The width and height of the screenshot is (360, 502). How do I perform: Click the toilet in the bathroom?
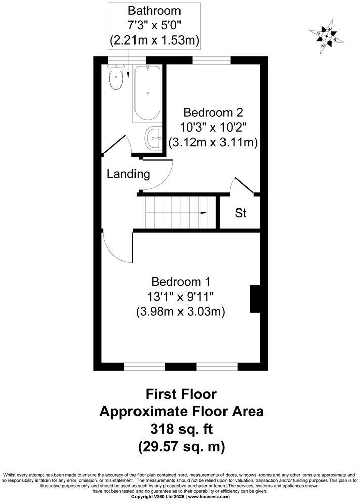[x=117, y=77]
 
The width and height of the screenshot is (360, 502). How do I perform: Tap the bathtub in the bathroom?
[x=147, y=93]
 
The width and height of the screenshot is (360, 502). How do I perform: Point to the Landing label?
[x=128, y=174]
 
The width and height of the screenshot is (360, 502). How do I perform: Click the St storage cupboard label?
[x=240, y=213]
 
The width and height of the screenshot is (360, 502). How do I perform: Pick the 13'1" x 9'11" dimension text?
[x=181, y=296]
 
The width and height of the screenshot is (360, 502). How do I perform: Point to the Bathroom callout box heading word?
[x=154, y=10]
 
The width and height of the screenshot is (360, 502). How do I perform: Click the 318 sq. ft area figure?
[x=181, y=429]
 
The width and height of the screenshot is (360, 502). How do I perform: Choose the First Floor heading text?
[x=181, y=394]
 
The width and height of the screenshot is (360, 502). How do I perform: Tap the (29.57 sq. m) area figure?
[x=181, y=447]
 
